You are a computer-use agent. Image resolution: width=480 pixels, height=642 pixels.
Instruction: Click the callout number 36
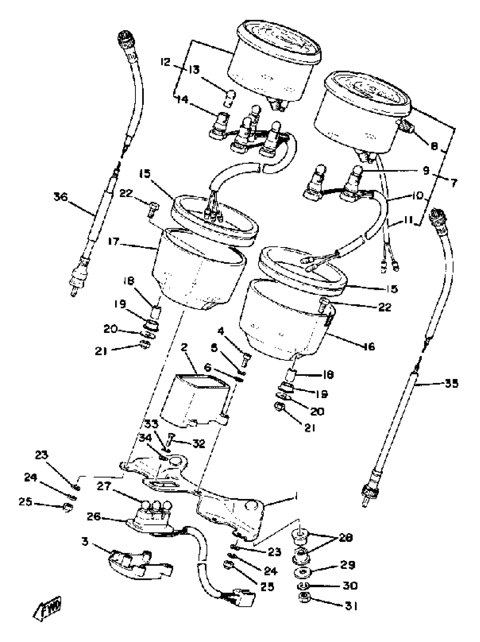pyautogui.click(x=60, y=197)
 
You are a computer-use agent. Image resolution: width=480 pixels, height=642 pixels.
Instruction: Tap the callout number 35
pyautogui.click(x=451, y=384)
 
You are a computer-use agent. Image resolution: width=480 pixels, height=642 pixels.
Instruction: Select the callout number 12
pyautogui.click(x=165, y=62)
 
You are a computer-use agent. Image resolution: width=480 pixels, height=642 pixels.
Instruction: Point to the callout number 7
pyautogui.click(x=454, y=183)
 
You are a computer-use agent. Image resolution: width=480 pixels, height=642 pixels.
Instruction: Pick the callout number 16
pyautogui.click(x=369, y=346)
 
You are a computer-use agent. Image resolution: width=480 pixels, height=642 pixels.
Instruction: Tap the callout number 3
pyautogui.click(x=85, y=541)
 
